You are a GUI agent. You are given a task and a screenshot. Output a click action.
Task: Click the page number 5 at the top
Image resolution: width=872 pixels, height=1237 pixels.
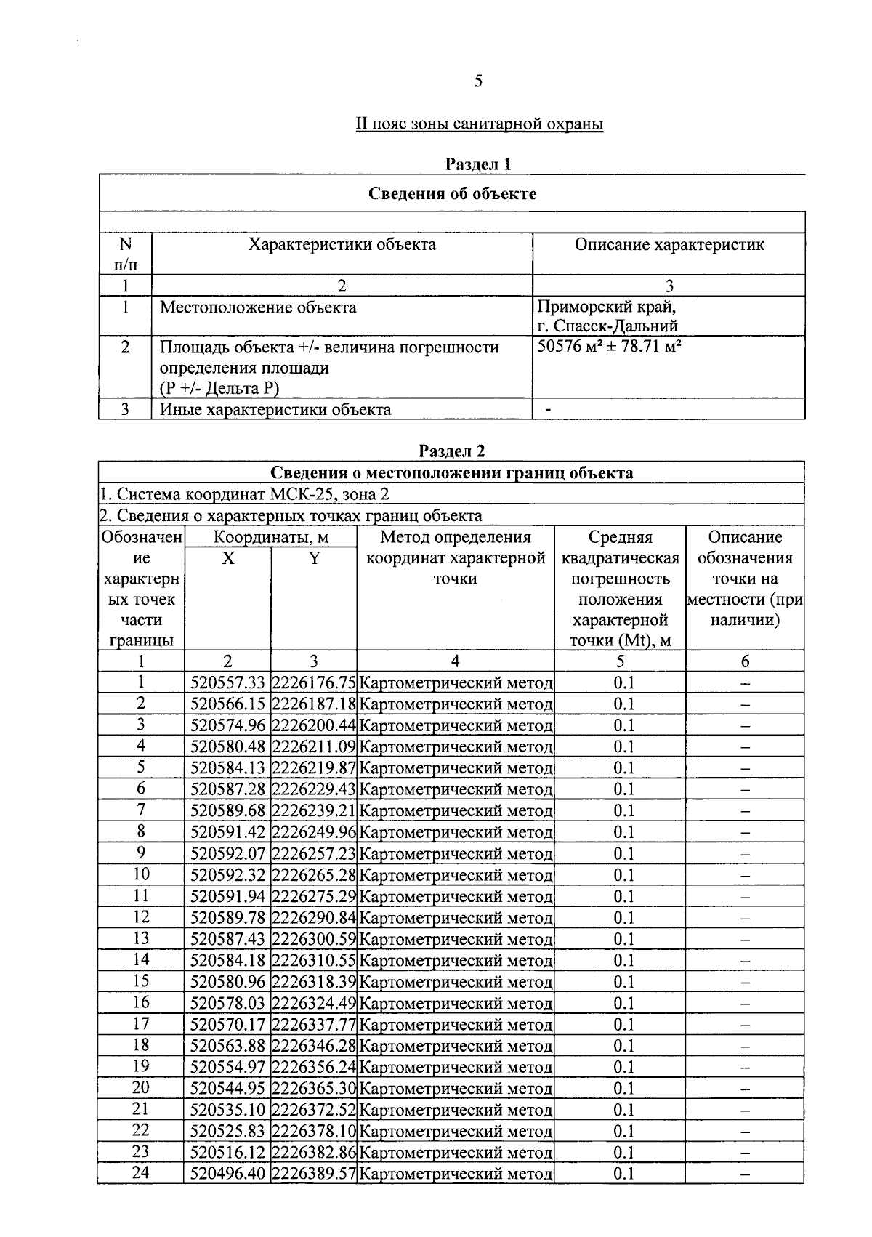tap(477, 81)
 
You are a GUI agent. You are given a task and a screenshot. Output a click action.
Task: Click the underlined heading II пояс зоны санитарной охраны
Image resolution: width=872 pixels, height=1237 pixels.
tap(479, 124)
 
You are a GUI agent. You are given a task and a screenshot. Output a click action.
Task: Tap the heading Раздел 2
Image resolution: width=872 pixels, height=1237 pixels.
tap(451, 451)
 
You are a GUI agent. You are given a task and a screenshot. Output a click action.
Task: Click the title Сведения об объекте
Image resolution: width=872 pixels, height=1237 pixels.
tap(452, 193)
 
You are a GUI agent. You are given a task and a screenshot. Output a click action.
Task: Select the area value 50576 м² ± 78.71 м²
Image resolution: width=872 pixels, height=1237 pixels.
tap(609, 346)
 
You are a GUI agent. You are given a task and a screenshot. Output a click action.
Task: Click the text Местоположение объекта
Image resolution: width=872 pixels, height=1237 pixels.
tap(258, 307)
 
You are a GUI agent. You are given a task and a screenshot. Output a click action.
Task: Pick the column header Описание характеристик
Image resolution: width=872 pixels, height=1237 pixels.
tap(669, 244)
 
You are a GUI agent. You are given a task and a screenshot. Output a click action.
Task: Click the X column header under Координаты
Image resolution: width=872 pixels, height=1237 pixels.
tap(227, 558)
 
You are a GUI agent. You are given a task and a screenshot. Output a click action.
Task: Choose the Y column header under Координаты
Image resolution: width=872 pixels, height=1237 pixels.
tap(314, 558)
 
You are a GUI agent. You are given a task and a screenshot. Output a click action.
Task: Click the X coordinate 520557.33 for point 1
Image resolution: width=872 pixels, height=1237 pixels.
tap(227, 683)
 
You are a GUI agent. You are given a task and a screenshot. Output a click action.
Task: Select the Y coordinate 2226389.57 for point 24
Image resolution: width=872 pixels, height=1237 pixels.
tap(313, 1174)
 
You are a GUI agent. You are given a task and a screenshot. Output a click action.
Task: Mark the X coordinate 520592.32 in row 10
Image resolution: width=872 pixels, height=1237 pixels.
tap(227, 875)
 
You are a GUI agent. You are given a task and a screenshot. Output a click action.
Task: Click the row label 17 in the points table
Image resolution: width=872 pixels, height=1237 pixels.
tap(140, 1024)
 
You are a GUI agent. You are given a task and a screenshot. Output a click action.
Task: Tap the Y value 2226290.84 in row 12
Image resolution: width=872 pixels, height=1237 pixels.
tap(313, 918)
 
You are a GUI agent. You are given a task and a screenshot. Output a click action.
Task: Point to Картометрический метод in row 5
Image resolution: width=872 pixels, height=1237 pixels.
tap(456, 768)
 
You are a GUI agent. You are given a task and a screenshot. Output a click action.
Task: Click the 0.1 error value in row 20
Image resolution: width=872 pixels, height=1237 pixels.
tap(623, 1089)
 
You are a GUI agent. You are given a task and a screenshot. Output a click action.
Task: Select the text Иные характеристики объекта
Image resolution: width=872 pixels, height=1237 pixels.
tap(275, 409)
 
